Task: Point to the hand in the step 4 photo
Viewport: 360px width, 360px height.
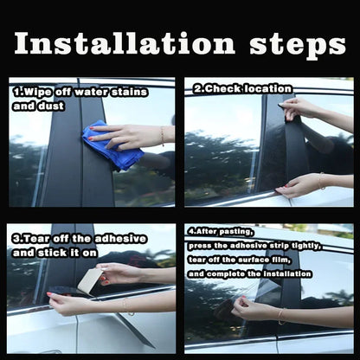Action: click(255, 307)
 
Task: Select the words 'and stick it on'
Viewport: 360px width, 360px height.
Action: click(54, 252)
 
